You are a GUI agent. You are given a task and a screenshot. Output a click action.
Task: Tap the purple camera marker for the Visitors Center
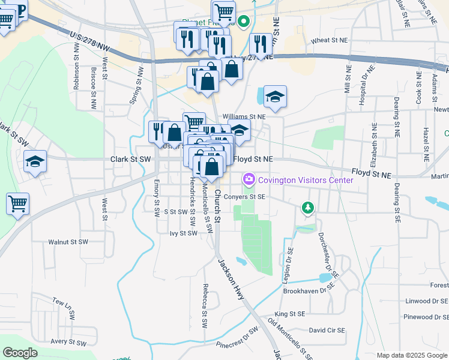point(248,179)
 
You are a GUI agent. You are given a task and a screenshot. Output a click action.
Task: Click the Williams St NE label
point(244,116)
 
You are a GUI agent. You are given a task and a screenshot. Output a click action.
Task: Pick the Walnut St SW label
point(68,242)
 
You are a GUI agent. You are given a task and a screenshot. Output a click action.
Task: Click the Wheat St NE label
point(330,40)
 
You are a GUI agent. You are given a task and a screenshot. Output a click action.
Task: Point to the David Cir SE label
point(327,330)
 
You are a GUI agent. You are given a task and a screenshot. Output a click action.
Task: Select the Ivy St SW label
point(184,233)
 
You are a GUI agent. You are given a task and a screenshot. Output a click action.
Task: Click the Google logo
point(20,353)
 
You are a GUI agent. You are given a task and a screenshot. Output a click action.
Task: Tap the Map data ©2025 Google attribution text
point(411,355)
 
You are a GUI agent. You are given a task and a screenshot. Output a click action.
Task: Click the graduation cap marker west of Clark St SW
point(35,161)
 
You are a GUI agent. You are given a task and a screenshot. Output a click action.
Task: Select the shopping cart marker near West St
point(18,203)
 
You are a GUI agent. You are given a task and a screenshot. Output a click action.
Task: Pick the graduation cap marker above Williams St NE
point(275,97)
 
